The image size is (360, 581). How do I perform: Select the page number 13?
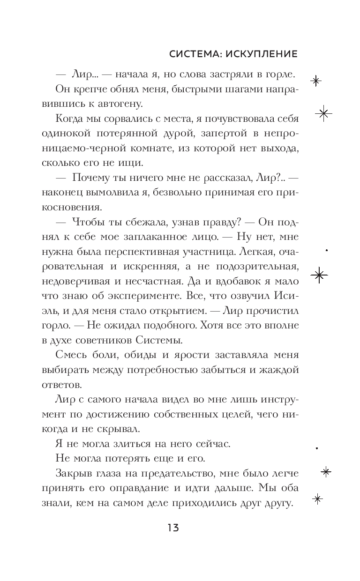(x=172, y=528)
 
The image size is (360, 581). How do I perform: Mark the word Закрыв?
(x=74, y=473)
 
